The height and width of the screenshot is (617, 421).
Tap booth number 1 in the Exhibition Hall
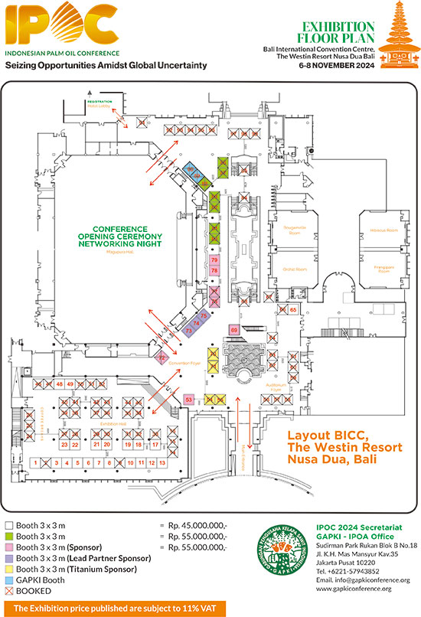(35, 463)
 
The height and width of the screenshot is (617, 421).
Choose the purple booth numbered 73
(189, 330)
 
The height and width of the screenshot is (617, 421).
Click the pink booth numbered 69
(234, 329)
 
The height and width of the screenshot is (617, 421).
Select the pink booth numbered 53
(189, 399)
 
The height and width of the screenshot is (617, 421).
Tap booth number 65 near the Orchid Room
(293, 309)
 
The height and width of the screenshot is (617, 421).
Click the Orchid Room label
(295, 269)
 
